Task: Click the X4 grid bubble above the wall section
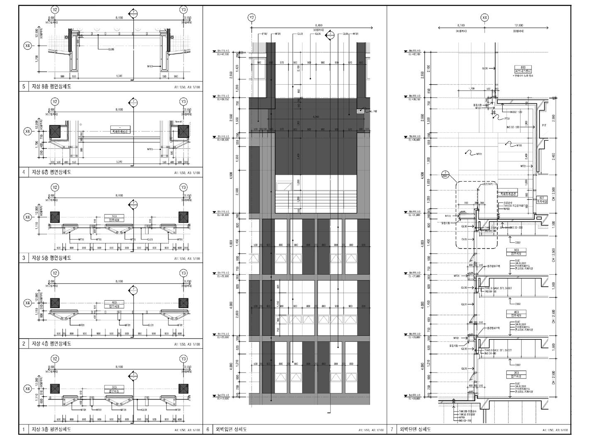click(485, 17)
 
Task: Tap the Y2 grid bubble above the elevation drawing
click(252, 17)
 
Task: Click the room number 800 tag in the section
click(523, 67)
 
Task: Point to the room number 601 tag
click(541, 198)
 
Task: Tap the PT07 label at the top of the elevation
click(264, 34)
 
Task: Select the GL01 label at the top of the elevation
click(300, 34)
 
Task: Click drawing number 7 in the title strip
click(391, 429)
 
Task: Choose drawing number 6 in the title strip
click(208, 429)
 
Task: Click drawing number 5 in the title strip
click(24, 87)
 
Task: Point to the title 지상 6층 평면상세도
click(51, 172)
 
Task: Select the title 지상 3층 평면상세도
click(51, 429)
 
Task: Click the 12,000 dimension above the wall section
click(518, 25)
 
